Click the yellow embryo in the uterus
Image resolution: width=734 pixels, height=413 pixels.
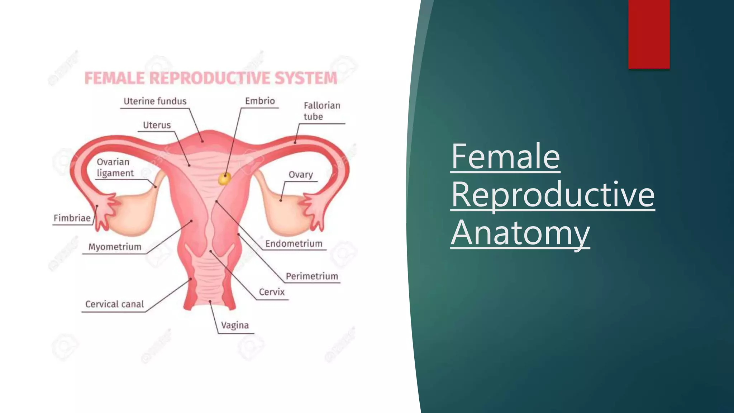click(x=224, y=179)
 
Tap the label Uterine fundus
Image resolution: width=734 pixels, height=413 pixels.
click(x=155, y=101)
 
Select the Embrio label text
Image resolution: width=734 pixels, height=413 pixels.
click(x=260, y=101)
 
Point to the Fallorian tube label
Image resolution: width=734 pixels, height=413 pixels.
click(x=321, y=111)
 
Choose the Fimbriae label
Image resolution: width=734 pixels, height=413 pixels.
click(x=72, y=218)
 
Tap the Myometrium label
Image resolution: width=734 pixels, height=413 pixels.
click(x=115, y=247)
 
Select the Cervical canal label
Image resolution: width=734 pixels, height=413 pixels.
click(x=114, y=304)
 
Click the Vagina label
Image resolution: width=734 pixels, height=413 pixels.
click(x=235, y=326)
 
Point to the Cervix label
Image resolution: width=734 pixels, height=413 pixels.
click(x=272, y=292)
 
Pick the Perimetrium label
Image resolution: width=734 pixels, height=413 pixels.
click(x=312, y=276)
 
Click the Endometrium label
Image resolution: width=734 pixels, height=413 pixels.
click(x=294, y=244)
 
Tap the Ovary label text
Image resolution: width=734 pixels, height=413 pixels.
click(x=301, y=175)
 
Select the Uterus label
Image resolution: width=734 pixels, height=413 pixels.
click(x=157, y=125)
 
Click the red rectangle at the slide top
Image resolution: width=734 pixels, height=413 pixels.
click(x=649, y=34)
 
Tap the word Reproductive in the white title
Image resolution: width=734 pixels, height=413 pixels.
click(x=553, y=194)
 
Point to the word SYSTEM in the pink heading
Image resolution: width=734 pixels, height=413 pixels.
click(x=306, y=78)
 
